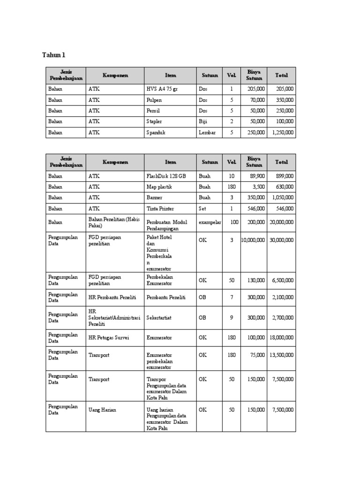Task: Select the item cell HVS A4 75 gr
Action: pos(162,89)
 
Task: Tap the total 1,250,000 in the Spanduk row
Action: pos(283,133)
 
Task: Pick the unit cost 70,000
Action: pos(256,100)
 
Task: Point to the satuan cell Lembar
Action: pos(207,133)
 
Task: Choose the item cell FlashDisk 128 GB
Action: pos(166,176)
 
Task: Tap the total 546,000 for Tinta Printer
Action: pos(285,209)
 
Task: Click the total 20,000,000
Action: pos(282,223)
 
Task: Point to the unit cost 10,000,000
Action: pos(253,240)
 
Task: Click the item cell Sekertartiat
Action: pos(159,318)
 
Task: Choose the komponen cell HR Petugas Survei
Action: pos(108,337)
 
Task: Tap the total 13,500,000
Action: pos(282,355)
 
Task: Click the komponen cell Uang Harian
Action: pos(102,410)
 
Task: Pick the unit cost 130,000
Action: pos(256,280)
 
